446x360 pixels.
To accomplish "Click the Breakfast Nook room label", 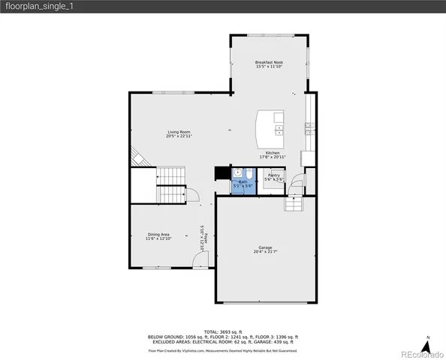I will tap(268, 64).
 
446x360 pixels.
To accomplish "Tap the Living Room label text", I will tap(179, 134).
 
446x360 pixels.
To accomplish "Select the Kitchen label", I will tap(272, 154).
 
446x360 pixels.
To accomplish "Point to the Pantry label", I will tap(273, 177).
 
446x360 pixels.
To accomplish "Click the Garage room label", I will tap(264, 249).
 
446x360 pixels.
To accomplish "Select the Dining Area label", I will tap(158, 236).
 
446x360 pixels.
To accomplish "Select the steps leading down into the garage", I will tap(293, 204).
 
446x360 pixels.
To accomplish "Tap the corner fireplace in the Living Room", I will tap(137, 157).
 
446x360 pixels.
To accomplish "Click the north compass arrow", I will tap(427, 346).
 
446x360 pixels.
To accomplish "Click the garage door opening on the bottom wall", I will tap(264, 303).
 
